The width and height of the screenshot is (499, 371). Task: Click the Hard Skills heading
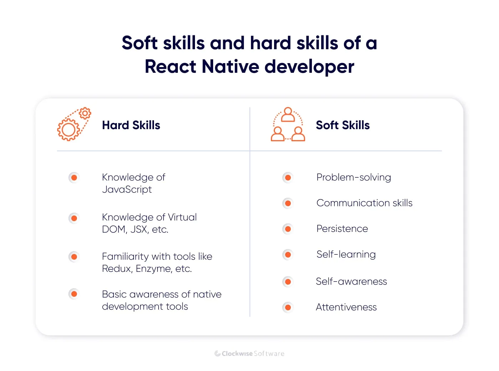pyautogui.click(x=131, y=125)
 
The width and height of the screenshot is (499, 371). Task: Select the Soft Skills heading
pyautogui.click(x=343, y=125)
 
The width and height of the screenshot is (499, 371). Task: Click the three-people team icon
pyautogui.click(x=288, y=124)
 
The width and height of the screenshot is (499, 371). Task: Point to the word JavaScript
pyautogui.click(x=127, y=189)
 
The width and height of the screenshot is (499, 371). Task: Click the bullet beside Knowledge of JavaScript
pyautogui.click(x=74, y=177)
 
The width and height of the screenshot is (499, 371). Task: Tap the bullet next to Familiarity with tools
pyautogui.click(x=74, y=256)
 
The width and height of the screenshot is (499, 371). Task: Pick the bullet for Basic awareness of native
pyautogui.click(x=74, y=294)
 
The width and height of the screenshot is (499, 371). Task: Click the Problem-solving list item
pyautogui.click(x=354, y=177)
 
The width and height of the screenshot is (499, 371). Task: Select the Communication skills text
pyautogui.click(x=364, y=203)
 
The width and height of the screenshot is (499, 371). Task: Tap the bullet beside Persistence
pyautogui.click(x=288, y=229)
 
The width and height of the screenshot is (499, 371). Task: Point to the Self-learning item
pyautogui.click(x=346, y=254)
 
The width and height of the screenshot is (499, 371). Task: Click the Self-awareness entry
pyautogui.click(x=351, y=281)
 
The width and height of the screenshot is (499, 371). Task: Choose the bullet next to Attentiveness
pyautogui.click(x=288, y=307)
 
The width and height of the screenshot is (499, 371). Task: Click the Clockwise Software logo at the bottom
pyautogui.click(x=249, y=354)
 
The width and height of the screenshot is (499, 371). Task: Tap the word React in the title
pyautogui.click(x=171, y=67)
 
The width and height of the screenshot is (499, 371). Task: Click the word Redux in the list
pyautogui.click(x=117, y=269)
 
